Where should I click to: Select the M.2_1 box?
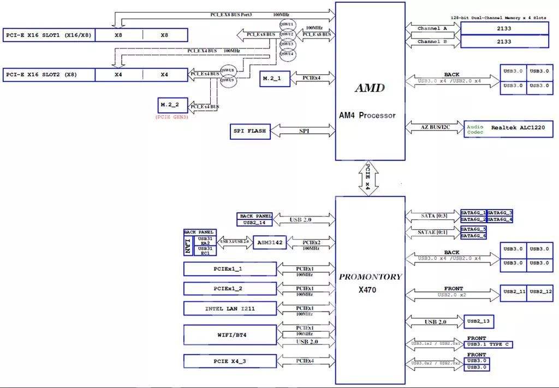(x=272, y=79)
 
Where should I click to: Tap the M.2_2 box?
(x=173, y=104)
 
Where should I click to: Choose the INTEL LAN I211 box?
(x=230, y=309)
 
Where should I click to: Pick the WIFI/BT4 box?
(x=230, y=335)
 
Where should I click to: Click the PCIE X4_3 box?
(x=230, y=361)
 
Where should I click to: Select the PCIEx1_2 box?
(x=230, y=289)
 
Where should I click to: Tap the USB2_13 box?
(x=479, y=322)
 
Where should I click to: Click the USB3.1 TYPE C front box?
(x=489, y=345)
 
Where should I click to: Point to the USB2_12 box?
(x=540, y=292)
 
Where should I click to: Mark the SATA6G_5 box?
(x=473, y=229)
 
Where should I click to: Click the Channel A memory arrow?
(x=432, y=28)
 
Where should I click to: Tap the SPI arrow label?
(x=304, y=132)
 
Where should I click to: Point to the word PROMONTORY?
(x=370, y=277)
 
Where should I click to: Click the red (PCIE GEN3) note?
(x=172, y=117)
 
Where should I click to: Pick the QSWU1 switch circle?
(x=287, y=25)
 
